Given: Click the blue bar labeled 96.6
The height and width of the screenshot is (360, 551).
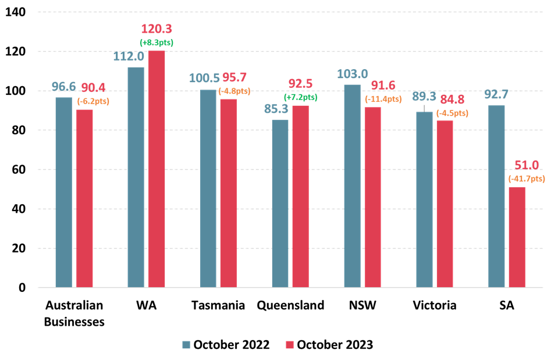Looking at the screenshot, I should click(63, 192).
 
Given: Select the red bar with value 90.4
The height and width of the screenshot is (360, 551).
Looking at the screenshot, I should click(84, 198).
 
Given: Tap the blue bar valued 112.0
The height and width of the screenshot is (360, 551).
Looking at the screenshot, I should click(136, 177).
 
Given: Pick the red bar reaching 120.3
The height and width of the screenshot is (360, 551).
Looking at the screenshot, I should click(157, 169).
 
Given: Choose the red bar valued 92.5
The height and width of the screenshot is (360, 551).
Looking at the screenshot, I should click(300, 196).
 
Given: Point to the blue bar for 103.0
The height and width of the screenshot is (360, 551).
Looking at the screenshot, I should click(352, 186).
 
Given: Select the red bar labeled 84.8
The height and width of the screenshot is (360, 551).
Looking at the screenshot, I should click(445, 204).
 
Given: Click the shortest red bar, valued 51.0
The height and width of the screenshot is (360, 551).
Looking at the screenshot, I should click(517, 237).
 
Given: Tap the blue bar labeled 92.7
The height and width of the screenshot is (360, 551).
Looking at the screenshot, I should click(496, 196).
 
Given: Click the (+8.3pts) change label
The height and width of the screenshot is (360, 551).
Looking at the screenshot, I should click(156, 42).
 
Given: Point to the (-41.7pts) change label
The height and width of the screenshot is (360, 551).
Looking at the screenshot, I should click(527, 179).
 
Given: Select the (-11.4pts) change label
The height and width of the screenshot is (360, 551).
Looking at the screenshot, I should click(383, 99).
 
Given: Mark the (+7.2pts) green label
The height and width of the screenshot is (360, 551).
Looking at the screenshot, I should click(300, 97).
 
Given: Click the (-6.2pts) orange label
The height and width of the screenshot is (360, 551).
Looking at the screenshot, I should click(93, 101).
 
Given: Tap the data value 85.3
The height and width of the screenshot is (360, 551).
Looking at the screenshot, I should click(276, 109).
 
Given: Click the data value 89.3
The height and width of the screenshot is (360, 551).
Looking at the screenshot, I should click(424, 97).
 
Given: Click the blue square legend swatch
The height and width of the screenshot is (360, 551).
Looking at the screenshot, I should click(186, 345).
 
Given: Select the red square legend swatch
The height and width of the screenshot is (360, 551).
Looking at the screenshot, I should click(290, 345).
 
